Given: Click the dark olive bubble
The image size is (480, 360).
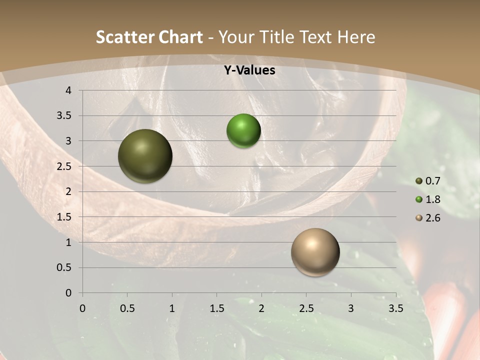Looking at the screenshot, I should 145,156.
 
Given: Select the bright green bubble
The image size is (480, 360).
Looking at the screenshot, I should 243,131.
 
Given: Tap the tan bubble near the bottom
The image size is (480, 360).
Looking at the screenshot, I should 315,252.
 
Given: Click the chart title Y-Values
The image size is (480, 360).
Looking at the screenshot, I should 249,70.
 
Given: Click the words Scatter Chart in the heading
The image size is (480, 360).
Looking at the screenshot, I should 149,37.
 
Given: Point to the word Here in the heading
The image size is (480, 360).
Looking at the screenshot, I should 356,37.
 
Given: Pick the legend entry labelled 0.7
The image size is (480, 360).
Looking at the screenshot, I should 428,181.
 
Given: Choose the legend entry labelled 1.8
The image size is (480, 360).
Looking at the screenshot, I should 428,199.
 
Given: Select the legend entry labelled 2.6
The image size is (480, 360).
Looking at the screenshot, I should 428,218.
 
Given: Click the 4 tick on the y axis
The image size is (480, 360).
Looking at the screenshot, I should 68,90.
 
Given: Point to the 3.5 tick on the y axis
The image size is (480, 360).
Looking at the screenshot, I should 65,116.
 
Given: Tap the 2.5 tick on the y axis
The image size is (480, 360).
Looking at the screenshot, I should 65,166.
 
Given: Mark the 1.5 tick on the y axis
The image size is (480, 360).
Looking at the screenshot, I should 65,217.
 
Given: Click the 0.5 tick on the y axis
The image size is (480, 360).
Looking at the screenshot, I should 65,268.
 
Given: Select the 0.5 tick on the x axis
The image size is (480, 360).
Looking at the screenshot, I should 127,308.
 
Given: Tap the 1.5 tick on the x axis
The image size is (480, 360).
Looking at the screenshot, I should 217,308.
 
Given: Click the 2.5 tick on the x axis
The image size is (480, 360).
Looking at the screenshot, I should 306,308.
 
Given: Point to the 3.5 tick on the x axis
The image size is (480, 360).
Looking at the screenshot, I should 395,308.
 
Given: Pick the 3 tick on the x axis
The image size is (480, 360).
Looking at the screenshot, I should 351,308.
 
